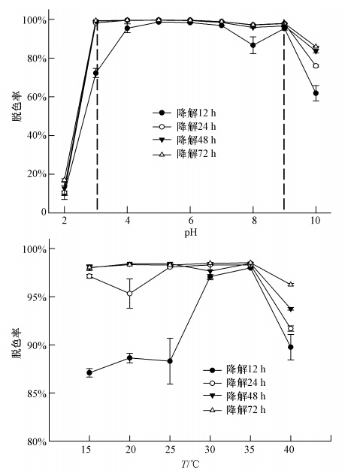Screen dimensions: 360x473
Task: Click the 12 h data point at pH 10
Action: tap(316, 93)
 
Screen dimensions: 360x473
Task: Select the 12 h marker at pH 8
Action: tap(253, 45)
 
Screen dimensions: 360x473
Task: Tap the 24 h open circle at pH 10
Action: tap(316, 66)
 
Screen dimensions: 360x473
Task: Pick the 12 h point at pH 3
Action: tap(95, 73)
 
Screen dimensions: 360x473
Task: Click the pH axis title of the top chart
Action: tap(191, 232)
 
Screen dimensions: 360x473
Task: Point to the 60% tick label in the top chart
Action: tap(36, 97)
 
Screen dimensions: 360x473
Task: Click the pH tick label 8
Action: tap(253, 221)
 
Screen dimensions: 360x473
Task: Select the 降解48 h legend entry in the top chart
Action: tap(185, 140)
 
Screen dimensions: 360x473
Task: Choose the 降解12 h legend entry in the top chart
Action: tap(185, 113)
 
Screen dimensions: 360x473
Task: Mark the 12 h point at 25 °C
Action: tap(170, 361)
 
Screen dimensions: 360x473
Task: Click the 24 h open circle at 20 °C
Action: tap(129, 294)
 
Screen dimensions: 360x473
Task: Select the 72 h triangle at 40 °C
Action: tap(291, 284)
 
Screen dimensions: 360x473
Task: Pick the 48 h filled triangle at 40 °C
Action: tap(291, 309)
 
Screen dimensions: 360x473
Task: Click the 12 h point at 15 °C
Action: tap(89, 372)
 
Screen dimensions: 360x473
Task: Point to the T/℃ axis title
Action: tap(190, 464)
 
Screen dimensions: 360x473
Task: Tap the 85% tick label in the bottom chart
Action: tap(37, 393)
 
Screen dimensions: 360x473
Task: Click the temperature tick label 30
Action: tap(210, 450)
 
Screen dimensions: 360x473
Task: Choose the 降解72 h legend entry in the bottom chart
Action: tap(234, 410)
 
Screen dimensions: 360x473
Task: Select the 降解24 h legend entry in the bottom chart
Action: tap(234, 382)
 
